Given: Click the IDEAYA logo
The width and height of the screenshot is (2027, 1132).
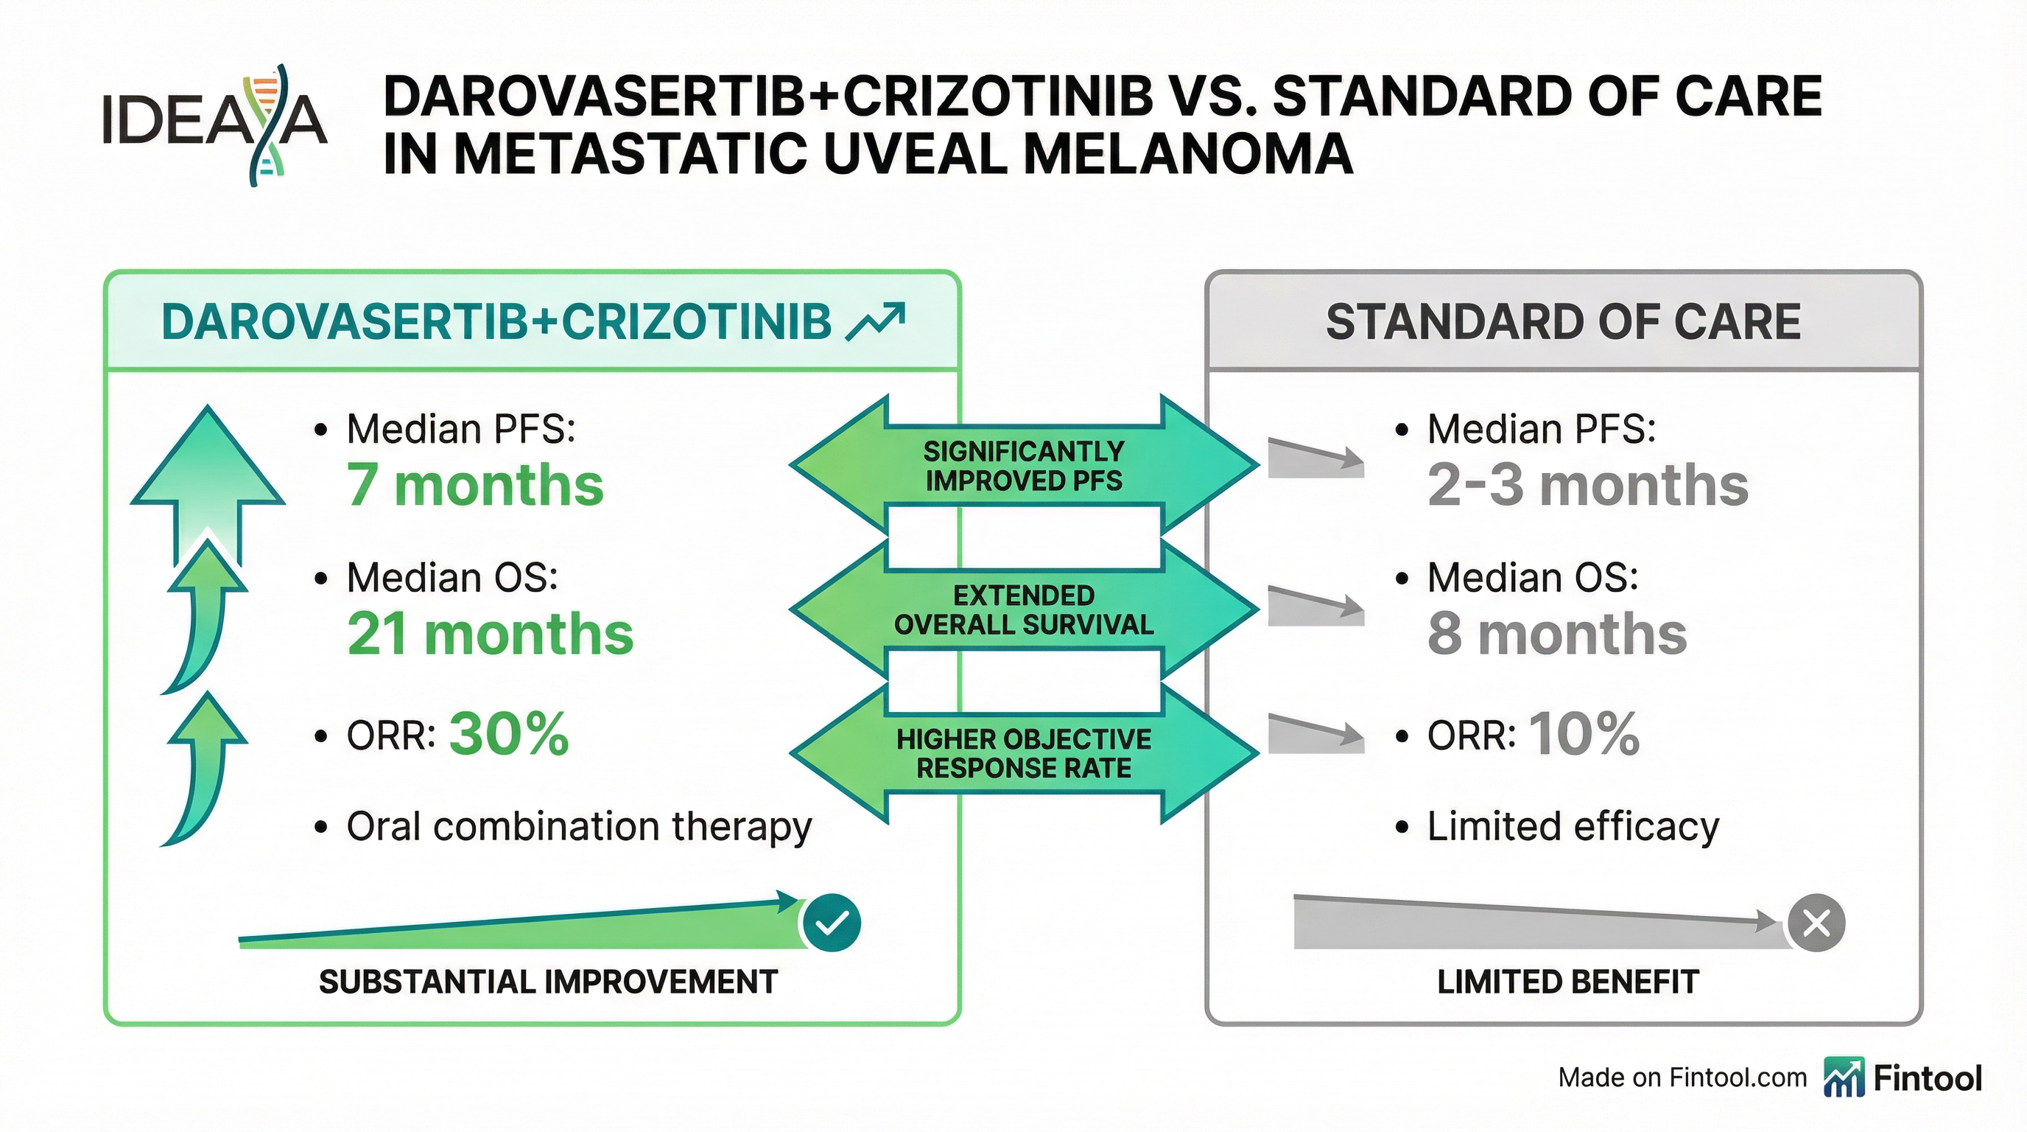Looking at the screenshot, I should (214, 125).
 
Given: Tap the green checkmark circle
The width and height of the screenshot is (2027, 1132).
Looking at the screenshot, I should (831, 923).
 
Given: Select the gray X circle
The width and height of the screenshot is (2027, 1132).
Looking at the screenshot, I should (1816, 923).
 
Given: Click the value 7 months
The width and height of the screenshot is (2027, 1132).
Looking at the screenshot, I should (475, 485).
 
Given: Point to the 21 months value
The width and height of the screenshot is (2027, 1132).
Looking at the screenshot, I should (491, 635).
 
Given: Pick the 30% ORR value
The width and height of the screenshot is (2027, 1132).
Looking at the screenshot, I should (509, 735).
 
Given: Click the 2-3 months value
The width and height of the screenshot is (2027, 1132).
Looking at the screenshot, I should (1588, 485).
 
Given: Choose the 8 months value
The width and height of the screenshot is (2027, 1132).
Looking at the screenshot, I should (1557, 635).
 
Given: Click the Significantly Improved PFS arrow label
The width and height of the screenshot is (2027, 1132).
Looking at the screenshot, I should (1024, 466).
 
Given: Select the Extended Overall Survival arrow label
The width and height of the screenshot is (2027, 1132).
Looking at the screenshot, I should (1024, 610).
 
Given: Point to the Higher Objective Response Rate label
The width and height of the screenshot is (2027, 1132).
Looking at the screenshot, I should (1024, 753).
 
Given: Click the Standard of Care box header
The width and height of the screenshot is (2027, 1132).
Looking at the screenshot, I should (1563, 322).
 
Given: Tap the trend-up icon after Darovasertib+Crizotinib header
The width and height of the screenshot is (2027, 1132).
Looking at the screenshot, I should (874, 322).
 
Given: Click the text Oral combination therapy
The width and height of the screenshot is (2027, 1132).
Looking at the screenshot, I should (579, 827).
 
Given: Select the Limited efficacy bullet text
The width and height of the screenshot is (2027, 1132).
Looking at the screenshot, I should (1573, 827).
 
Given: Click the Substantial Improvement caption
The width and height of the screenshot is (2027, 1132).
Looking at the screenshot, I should (549, 982).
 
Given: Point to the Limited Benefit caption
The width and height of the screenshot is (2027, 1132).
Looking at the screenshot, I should (1567, 982).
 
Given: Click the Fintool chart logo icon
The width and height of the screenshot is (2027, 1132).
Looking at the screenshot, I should (1844, 1077).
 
